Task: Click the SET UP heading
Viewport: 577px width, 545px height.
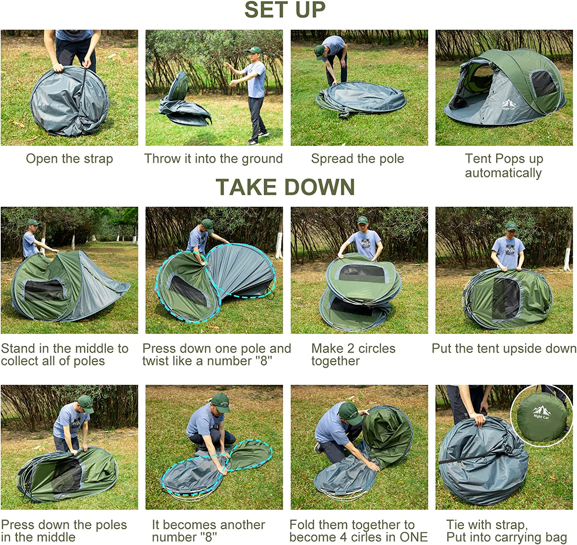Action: coord(285,10)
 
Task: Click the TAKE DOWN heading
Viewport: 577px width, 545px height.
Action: coord(285,187)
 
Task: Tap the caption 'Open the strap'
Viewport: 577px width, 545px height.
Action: coord(69,159)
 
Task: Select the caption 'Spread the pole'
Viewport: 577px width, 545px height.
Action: coord(357,159)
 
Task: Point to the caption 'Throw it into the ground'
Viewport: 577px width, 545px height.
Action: coord(213,159)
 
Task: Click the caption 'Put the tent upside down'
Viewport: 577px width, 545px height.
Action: coord(504,349)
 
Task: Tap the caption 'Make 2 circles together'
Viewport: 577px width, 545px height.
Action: coord(353,354)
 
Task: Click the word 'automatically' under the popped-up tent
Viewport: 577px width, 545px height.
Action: coord(503,173)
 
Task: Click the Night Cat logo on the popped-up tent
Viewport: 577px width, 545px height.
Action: coord(509,105)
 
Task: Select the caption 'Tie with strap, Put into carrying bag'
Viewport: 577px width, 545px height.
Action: coord(506,531)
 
